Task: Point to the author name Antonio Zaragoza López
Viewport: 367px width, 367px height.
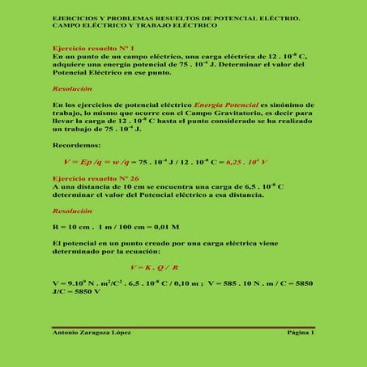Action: pyautogui.click(x=92, y=333)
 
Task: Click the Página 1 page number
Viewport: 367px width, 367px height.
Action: pyautogui.click(x=301, y=333)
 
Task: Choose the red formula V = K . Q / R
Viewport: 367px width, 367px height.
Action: pyautogui.click(x=154, y=267)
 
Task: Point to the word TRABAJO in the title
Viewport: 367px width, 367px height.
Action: pyautogui.click(x=156, y=25)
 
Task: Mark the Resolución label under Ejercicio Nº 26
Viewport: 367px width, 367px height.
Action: pyautogui.click(x=72, y=210)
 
